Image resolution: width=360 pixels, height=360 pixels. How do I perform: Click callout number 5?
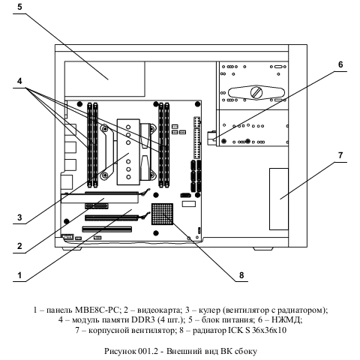(19, 7)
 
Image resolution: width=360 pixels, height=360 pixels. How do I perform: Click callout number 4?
(19, 81)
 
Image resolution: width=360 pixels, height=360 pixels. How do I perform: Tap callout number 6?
(340, 64)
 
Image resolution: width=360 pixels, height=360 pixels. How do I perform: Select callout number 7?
(340, 155)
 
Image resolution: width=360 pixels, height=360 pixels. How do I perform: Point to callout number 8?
(241, 275)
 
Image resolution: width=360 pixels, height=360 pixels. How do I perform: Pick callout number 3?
(19, 217)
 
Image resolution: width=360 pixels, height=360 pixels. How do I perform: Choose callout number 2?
(19, 246)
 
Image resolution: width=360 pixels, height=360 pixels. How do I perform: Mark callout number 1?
(19, 275)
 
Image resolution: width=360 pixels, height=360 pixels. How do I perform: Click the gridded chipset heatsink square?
(162, 214)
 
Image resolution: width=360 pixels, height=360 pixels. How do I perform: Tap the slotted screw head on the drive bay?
(256, 93)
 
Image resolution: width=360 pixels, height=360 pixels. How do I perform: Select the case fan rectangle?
(279, 199)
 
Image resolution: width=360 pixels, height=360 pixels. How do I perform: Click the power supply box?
(105, 79)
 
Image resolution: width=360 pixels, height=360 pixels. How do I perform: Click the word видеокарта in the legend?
(159, 310)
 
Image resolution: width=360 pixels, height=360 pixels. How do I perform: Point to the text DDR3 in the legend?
(140, 319)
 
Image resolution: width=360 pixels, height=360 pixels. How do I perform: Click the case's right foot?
(262, 249)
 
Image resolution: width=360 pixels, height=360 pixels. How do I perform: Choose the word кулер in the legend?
(209, 310)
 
